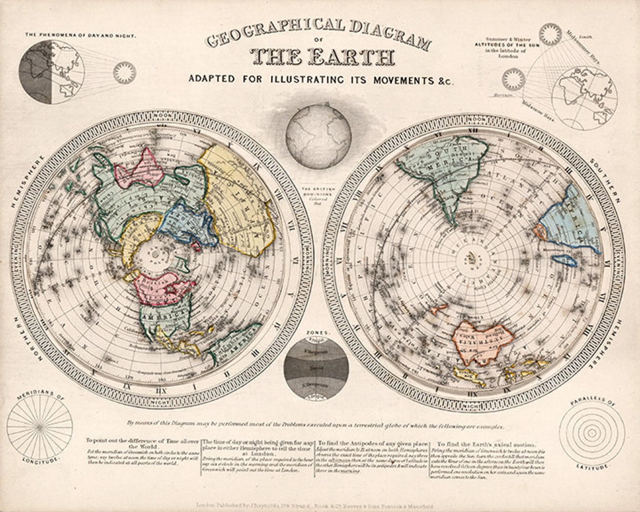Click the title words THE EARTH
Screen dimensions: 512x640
coord(321,57)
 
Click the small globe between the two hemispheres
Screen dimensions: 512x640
coord(318,136)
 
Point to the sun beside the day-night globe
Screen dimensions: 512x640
coord(124,73)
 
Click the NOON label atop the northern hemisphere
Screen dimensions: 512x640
coord(162,116)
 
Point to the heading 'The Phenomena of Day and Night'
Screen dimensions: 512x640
coord(81,35)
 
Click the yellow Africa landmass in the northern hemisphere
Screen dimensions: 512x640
coord(238,198)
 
